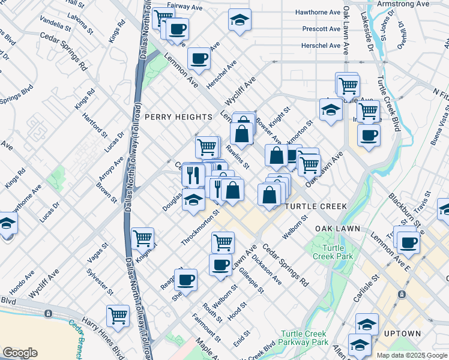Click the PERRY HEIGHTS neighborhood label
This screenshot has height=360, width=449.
click(x=178, y=117)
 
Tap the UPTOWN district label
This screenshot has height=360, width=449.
click(x=402, y=334)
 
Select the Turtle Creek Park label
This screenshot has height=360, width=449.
click(x=337, y=253)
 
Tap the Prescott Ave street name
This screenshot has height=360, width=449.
click(x=321, y=29)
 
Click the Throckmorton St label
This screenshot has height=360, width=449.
click(x=201, y=228)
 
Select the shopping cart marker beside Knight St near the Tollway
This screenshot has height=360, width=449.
click(x=142, y=238)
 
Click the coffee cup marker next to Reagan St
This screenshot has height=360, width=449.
click(x=185, y=279)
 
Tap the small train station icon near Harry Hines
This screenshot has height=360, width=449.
click(x=47, y=313)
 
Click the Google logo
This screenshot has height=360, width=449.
click(x=20, y=353)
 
